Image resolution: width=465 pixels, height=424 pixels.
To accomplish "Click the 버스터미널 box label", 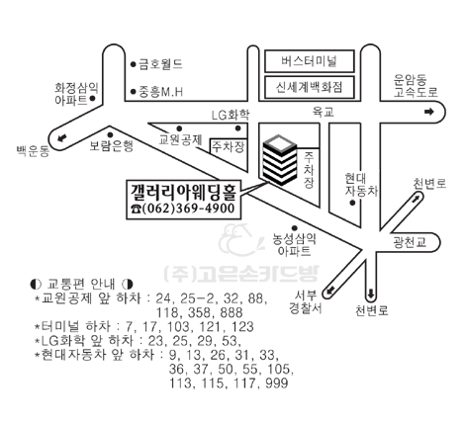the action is click(x=309, y=61).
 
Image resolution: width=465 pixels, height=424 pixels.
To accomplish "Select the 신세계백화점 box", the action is click(x=310, y=87).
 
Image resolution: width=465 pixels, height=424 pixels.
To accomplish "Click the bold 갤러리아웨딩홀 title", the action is click(x=184, y=192).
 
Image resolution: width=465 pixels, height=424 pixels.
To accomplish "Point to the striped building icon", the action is click(x=280, y=160).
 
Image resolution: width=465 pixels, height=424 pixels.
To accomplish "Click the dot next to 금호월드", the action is click(x=134, y=64).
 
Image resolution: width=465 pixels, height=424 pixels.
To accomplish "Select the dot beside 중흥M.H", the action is click(x=134, y=92).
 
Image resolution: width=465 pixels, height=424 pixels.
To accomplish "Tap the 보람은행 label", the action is click(x=112, y=145).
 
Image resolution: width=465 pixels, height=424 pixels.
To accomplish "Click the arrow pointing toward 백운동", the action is click(x=61, y=137).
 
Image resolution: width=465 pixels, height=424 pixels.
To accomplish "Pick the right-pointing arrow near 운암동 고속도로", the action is click(x=428, y=112).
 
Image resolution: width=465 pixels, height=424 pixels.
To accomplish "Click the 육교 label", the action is click(x=324, y=113).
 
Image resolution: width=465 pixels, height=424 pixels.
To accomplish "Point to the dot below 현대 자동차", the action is click(x=352, y=203).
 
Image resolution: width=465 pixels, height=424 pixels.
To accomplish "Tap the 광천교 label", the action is click(x=410, y=243).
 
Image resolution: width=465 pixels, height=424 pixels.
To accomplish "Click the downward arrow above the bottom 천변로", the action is click(x=371, y=294).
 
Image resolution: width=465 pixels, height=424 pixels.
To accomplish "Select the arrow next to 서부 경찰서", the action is click(x=330, y=291).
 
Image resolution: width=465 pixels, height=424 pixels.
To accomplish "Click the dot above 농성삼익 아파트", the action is click(x=295, y=228).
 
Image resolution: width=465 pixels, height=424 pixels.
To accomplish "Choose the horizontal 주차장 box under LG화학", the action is click(x=229, y=146).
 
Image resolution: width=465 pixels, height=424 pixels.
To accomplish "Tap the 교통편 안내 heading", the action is click(x=81, y=284).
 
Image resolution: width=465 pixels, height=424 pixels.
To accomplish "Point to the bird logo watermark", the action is click(x=240, y=240).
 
